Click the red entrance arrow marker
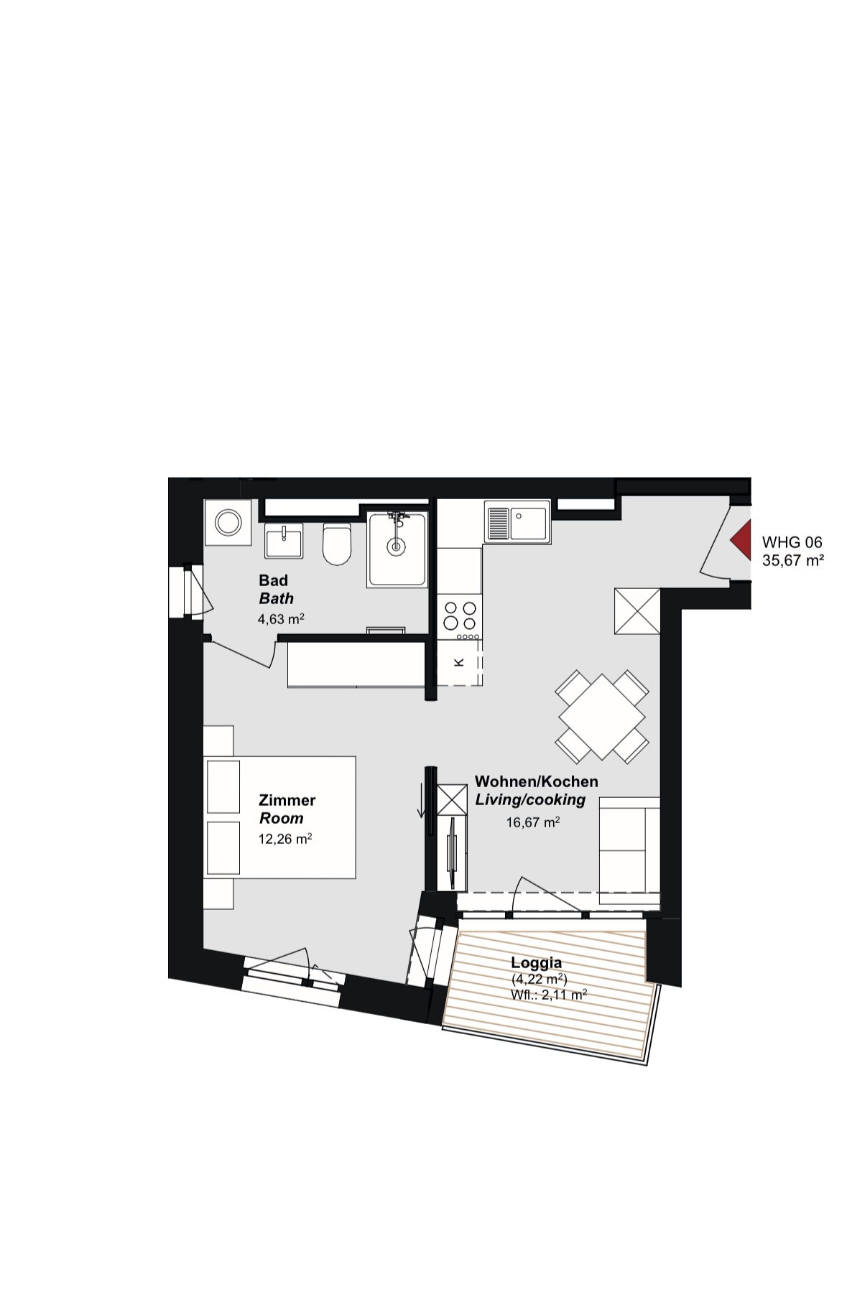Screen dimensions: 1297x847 click(x=740, y=539)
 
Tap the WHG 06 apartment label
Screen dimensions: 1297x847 click(x=792, y=542)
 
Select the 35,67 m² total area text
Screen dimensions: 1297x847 click(x=792, y=560)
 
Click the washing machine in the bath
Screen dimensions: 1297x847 click(x=228, y=522)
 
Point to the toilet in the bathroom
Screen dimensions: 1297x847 click(x=336, y=544)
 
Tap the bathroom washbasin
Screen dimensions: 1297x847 click(x=284, y=540)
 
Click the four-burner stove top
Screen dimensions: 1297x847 click(x=460, y=615)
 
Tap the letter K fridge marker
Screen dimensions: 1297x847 click(x=460, y=662)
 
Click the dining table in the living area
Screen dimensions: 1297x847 click(x=602, y=717)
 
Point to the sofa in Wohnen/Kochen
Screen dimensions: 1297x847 click(x=629, y=850)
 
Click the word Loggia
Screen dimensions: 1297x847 click(x=536, y=963)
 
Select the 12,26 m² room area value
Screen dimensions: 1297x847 click(x=284, y=839)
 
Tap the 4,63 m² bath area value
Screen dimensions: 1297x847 click(x=281, y=618)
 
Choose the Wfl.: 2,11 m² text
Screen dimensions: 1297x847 click(x=549, y=995)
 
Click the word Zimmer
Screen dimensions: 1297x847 click(x=287, y=800)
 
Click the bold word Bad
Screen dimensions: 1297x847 click(x=273, y=580)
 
